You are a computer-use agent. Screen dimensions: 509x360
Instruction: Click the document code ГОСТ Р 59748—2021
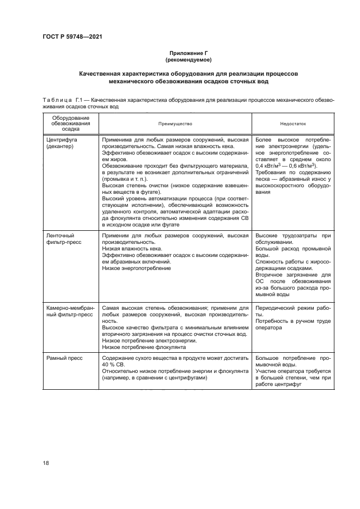[x=72, y=36]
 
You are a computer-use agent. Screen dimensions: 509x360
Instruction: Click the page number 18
[x=46, y=463]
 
